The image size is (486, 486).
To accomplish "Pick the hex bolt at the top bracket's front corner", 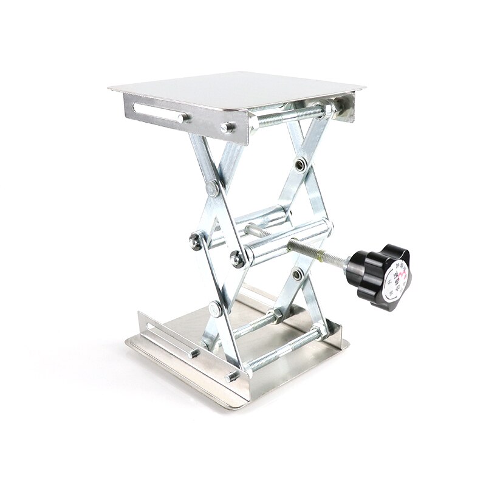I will click(228, 128).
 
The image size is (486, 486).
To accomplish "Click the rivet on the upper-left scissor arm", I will click(212, 188).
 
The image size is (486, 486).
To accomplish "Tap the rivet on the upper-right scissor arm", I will click(300, 164).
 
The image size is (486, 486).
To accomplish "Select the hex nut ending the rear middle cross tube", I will click(196, 241).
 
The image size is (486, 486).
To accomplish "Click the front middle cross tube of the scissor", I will click(286, 239).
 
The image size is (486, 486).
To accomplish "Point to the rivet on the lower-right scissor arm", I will click(298, 275).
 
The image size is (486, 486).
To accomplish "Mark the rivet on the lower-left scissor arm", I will click(215, 309).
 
